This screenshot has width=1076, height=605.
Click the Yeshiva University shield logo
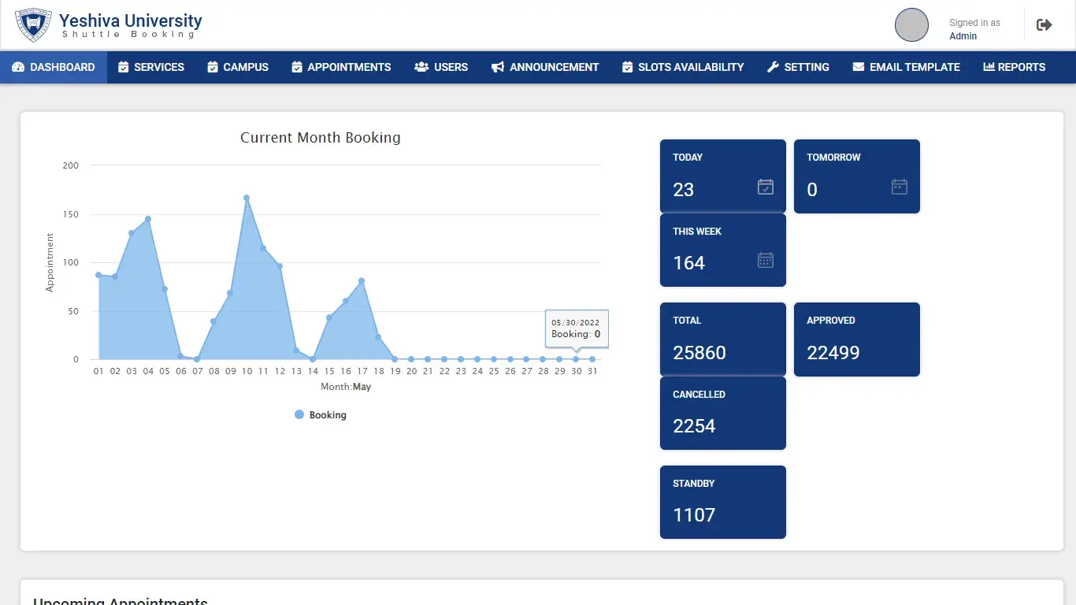[x=33, y=24]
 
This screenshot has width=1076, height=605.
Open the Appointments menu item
[x=341, y=67]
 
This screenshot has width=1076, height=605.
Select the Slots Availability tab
[x=683, y=67]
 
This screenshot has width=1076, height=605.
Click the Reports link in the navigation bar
[x=1014, y=67]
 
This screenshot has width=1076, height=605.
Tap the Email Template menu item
[x=906, y=67]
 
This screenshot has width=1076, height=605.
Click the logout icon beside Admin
[x=1044, y=25]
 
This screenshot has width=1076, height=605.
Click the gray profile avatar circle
[x=911, y=25]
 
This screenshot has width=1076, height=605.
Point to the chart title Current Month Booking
[x=321, y=137]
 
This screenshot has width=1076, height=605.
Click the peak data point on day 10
[x=247, y=198]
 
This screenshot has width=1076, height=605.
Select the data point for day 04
[x=148, y=219]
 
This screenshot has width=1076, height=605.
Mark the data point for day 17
[x=362, y=281]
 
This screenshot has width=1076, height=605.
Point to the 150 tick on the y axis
[x=71, y=214]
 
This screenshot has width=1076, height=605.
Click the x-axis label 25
[x=494, y=371]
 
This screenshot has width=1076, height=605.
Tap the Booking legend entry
[x=321, y=414]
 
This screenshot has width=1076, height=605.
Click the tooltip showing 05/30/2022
[x=577, y=328]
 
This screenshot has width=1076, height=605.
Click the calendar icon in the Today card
[x=765, y=187]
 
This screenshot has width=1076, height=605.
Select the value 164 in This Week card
[x=688, y=263]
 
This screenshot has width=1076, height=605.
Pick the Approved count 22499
[x=833, y=353]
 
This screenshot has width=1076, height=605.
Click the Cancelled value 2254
[x=694, y=426]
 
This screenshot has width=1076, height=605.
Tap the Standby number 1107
[x=694, y=515]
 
